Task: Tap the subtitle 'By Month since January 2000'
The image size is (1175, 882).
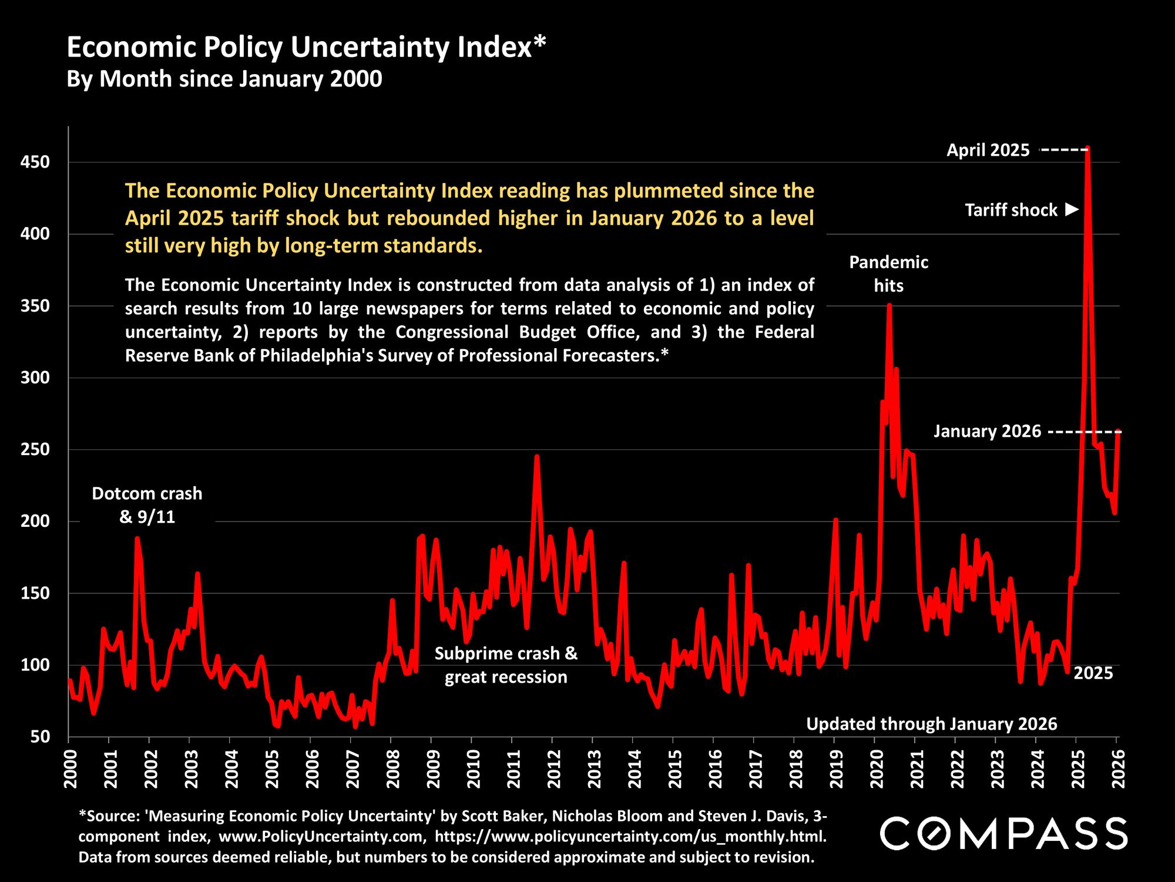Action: [224, 79]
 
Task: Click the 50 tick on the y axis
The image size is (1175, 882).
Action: [49, 737]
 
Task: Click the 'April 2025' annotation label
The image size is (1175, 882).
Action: [988, 151]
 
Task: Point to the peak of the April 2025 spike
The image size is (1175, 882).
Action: [1087, 148]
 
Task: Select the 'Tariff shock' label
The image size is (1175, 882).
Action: [1011, 210]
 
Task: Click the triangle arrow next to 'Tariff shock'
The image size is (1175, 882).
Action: [1072, 209]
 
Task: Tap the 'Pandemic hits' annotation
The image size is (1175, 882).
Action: [888, 274]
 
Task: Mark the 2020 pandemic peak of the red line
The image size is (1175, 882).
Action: [889, 305]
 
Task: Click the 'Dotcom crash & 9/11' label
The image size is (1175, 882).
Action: [147, 505]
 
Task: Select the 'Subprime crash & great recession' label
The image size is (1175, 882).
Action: [506, 665]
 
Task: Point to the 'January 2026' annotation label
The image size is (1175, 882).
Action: [987, 432]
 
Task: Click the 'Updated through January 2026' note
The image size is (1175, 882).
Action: [931, 724]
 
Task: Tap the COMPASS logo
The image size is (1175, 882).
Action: [1003, 833]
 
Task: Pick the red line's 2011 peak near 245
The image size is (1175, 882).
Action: [536, 456]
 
